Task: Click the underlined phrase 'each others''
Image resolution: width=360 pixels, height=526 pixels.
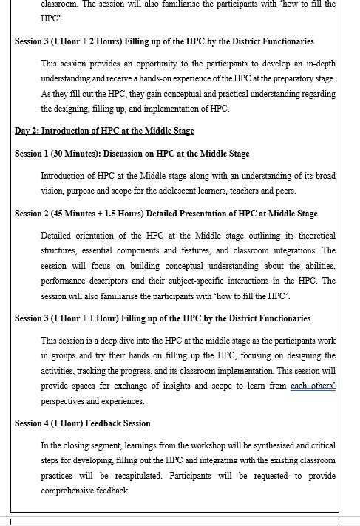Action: point(313,386)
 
